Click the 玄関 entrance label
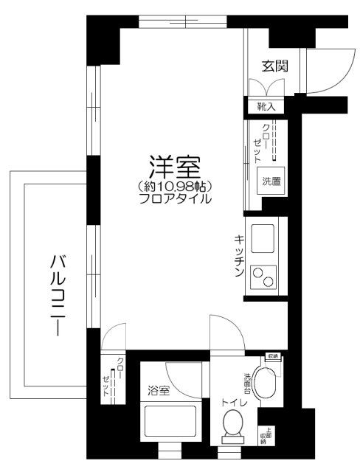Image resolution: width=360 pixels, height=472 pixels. (274, 66)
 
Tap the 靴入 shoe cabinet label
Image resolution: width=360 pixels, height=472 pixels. (266, 107)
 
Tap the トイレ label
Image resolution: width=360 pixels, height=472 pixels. (233, 403)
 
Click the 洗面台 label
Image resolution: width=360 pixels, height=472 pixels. (248, 383)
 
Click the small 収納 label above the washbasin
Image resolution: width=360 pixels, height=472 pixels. (273, 357)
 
